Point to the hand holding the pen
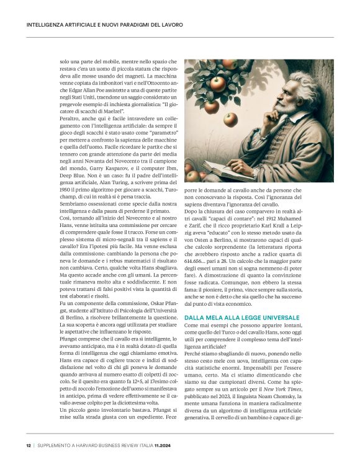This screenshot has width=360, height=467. coord(268,162)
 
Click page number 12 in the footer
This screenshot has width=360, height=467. coord(28,445)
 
